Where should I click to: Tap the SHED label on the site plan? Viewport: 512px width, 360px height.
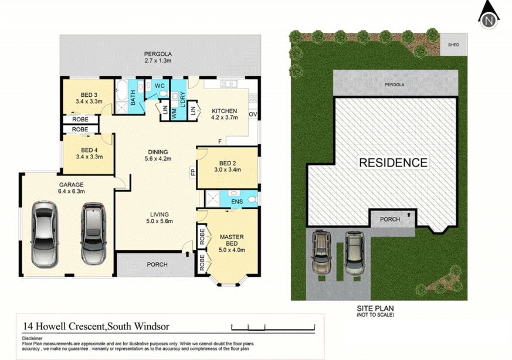click(x=453, y=45)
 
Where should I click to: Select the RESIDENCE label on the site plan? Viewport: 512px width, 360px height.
click(x=393, y=162)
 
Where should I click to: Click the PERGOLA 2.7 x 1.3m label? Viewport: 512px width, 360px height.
click(x=158, y=57)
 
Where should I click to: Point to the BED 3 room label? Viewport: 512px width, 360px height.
click(x=89, y=98)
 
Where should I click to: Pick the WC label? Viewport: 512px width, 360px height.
click(x=160, y=86)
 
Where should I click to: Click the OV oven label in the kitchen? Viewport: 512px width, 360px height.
click(x=253, y=114)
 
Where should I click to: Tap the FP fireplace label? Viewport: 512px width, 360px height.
click(x=193, y=172)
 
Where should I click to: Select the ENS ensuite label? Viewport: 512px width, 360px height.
click(x=237, y=202)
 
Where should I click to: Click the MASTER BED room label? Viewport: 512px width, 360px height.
click(x=232, y=243)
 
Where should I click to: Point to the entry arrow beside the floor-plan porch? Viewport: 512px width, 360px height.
click(x=187, y=254)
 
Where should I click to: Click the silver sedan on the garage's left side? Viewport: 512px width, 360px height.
click(x=45, y=235)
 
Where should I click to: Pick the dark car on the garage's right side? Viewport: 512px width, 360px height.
click(x=93, y=233)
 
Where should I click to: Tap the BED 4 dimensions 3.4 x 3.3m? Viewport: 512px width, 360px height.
click(x=89, y=157)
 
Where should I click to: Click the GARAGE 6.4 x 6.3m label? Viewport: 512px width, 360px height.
click(x=71, y=188)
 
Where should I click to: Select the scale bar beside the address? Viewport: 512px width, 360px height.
click(x=273, y=327)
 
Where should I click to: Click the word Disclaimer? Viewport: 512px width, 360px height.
click(x=32, y=338)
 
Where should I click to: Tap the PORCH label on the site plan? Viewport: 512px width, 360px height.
click(x=390, y=219)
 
